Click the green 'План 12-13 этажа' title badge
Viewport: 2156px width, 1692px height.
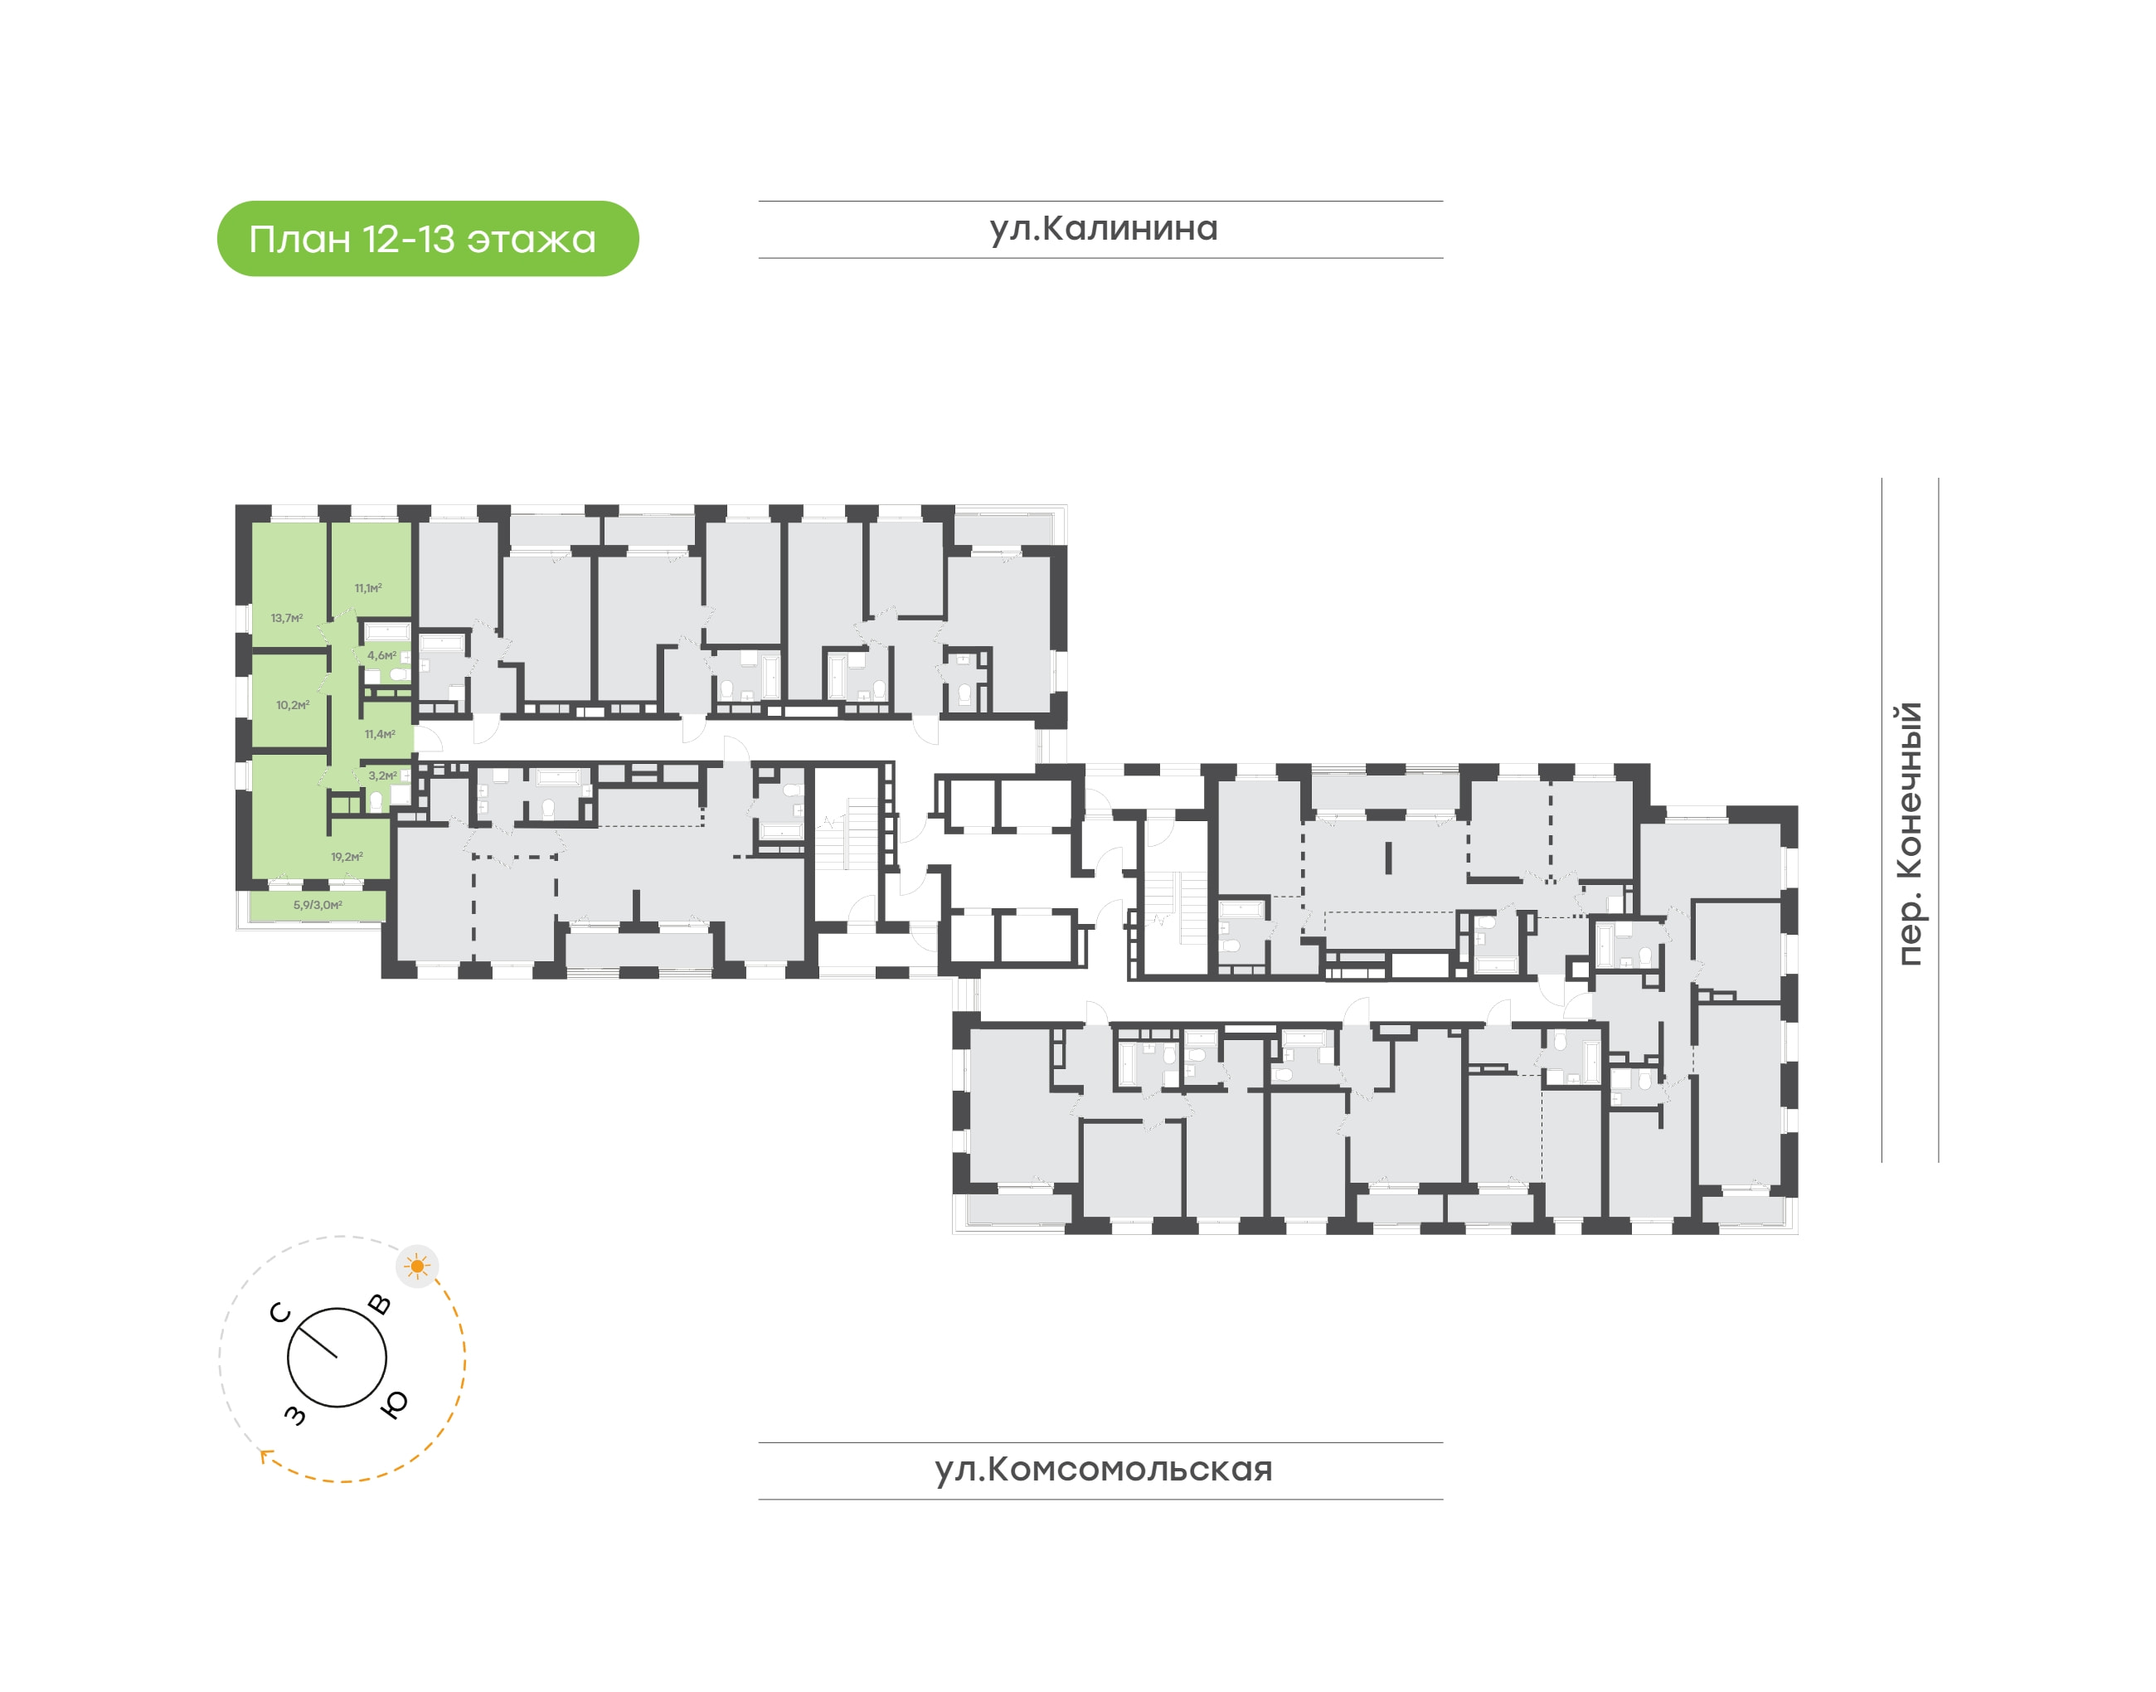point(427,239)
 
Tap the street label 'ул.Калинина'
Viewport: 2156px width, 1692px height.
point(1102,228)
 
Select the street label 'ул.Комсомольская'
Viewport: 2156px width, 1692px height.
point(1102,1468)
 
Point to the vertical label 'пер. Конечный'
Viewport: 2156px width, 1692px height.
point(1907,833)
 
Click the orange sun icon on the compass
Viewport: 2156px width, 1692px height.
point(417,1266)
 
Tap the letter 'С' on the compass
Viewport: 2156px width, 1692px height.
point(280,1313)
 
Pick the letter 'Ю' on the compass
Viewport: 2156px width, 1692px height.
point(394,1403)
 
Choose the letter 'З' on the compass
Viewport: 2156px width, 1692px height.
point(295,1415)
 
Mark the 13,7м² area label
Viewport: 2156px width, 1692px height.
point(286,618)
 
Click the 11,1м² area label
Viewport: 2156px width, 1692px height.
point(368,588)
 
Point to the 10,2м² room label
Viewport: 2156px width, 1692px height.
point(292,705)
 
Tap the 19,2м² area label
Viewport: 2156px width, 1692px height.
point(347,857)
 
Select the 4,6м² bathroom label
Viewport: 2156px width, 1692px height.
point(381,656)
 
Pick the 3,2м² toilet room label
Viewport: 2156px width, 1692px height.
point(382,775)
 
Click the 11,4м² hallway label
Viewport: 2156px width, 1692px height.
point(379,735)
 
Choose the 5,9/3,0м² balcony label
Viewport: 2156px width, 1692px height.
point(317,904)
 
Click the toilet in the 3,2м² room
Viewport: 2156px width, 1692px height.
point(376,800)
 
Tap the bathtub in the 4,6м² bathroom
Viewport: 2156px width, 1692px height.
point(386,631)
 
